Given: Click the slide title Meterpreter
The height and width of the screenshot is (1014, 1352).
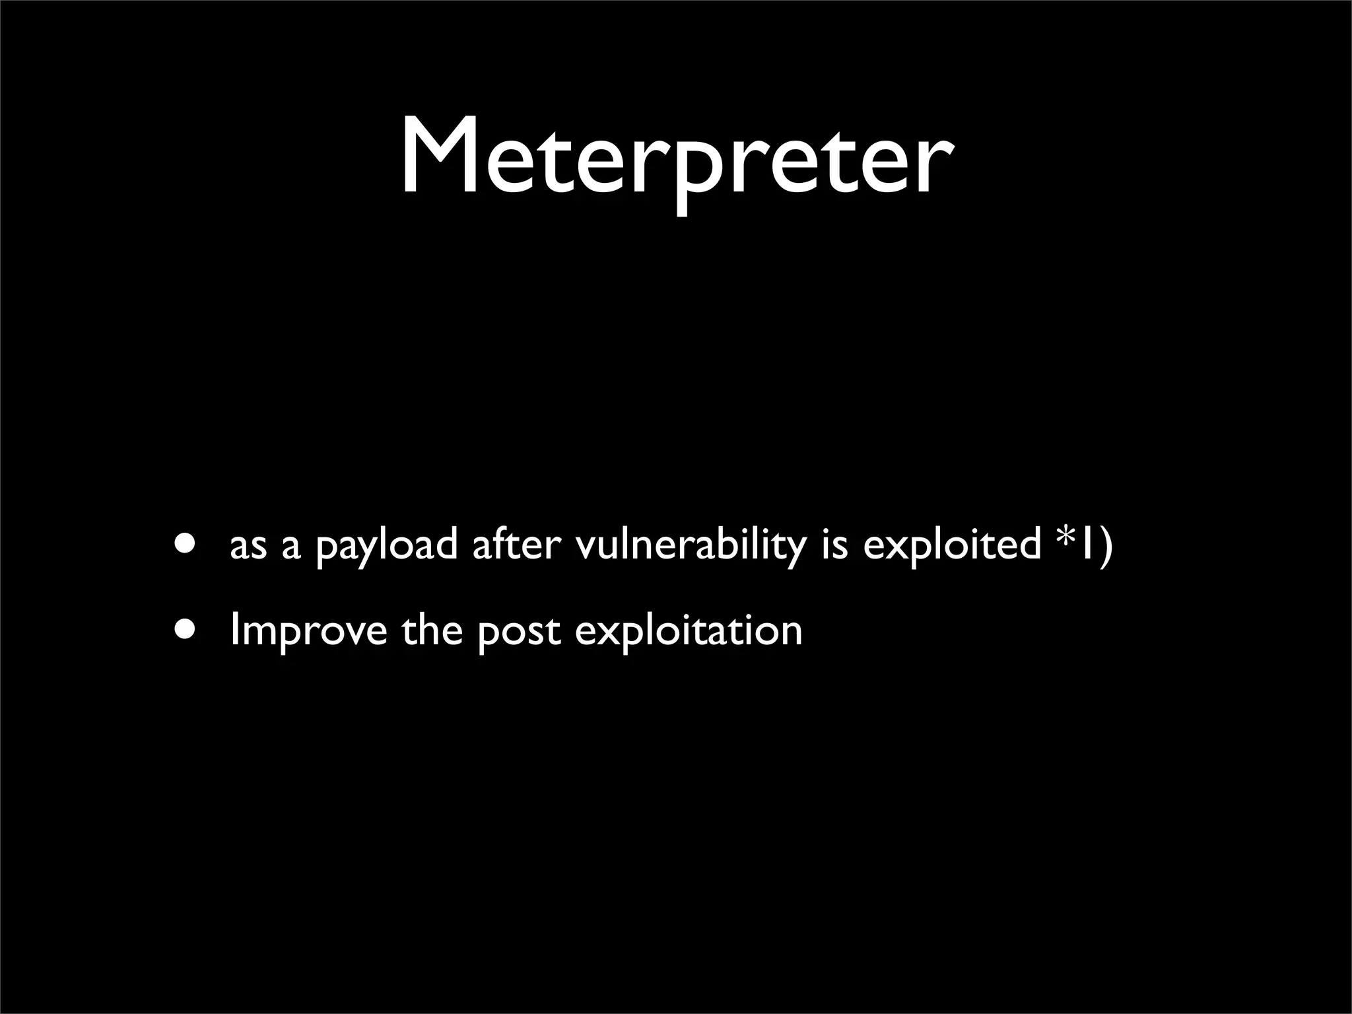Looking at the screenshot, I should pyautogui.click(x=676, y=158).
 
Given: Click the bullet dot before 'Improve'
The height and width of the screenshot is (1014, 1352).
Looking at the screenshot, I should pyautogui.click(x=186, y=630).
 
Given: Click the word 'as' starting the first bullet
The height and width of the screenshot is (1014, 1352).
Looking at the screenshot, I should pyautogui.click(x=248, y=548).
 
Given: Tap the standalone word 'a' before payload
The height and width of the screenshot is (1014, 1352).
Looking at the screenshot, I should pyautogui.click(x=290, y=548).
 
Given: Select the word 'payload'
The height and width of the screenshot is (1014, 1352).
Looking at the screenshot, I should pyautogui.click(x=386, y=548).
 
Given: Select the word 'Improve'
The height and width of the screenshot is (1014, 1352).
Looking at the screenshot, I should pyautogui.click(x=308, y=631).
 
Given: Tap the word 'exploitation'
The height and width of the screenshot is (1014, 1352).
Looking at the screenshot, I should pyautogui.click(x=689, y=631).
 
